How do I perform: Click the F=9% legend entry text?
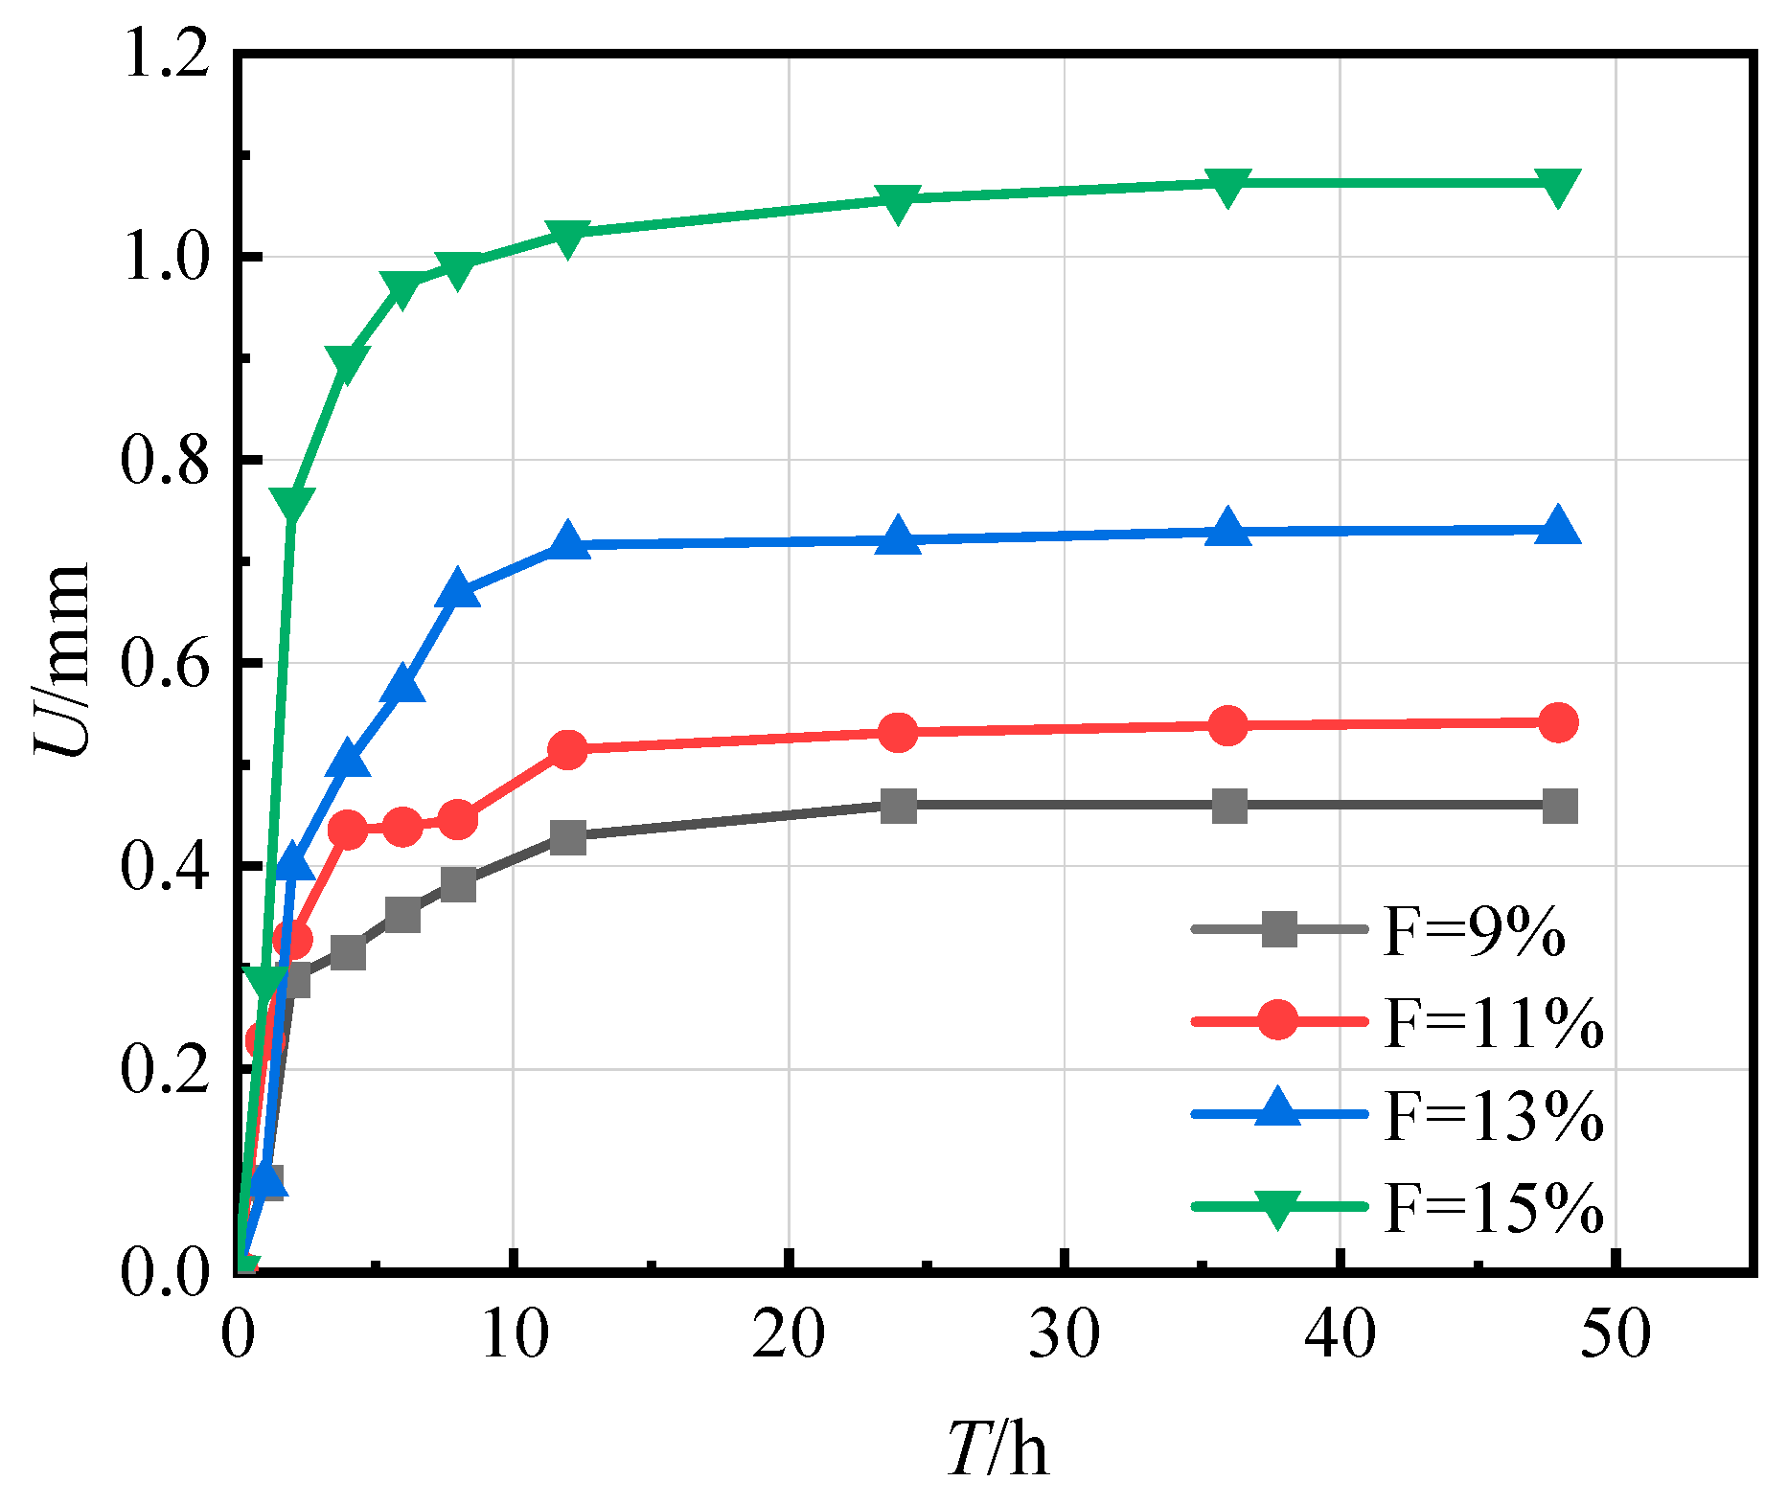(1475, 930)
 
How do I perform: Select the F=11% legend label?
(1494, 1022)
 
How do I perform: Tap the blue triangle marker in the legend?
(1278, 1110)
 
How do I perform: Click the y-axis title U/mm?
(63, 661)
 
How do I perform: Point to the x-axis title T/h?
(997, 1448)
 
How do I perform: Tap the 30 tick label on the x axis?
(1065, 1333)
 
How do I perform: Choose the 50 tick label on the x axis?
(1616, 1333)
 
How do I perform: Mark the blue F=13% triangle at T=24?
(898, 537)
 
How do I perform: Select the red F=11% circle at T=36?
(1228, 725)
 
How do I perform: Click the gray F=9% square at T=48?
(1560, 806)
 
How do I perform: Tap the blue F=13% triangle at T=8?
(458, 591)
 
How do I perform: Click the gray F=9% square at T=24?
(898, 806)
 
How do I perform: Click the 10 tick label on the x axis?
(515, 1333)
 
